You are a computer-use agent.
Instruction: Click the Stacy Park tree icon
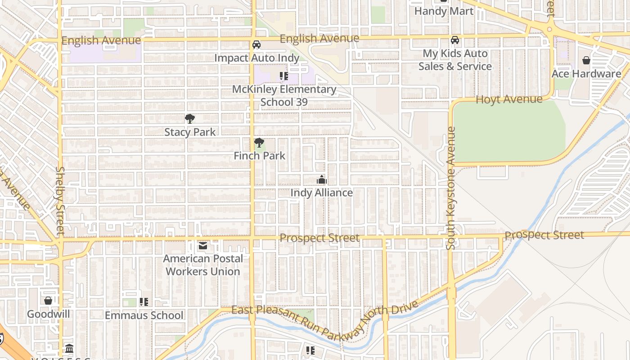190,119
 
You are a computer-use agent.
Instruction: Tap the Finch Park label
259,156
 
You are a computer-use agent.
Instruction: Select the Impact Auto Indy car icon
256,45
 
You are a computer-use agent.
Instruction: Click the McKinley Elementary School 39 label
284,95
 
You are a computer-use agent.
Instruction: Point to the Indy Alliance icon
321,180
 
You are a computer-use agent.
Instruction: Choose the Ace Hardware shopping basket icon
586,60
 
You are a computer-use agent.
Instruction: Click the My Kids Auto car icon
455,40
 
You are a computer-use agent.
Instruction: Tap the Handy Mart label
444,11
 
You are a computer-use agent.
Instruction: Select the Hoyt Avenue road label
509,99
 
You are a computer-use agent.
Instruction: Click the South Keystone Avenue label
451,188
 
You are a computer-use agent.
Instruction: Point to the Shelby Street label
60,201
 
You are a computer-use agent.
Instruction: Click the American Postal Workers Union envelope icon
203,246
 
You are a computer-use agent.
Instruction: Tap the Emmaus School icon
144,302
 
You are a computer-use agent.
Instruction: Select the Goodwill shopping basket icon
48,301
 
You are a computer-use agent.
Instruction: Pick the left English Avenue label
101,40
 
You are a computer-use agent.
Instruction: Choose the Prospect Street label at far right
544,235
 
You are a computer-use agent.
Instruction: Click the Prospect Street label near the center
319,238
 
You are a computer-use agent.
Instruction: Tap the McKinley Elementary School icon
283,76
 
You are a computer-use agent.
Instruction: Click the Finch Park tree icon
259,143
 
